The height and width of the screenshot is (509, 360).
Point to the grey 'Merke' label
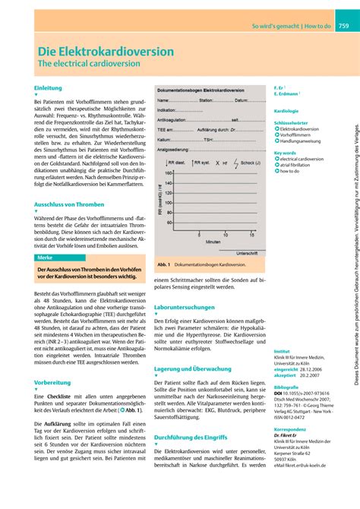[x=46, y=258]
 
